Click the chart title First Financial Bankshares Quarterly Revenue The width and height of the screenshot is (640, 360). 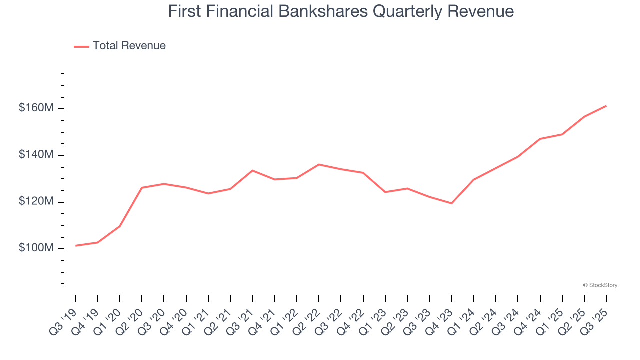pyautogui.click(x=341, y=11)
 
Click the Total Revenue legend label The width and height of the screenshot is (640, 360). pyautogui.click(x=129, y=46)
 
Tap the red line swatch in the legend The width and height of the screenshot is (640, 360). pyautogui.click(x=81, y=46)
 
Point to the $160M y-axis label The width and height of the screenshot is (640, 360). pyautogui.click(x=36, y=108)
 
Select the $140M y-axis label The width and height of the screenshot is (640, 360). pyautogui.click(x=36, y=155)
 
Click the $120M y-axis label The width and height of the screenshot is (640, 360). pyautogui.click(x=36, y=202)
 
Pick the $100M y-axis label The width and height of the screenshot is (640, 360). pyautogui.click(x=36, y=248)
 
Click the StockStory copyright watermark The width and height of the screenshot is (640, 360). pyautogui.click(x=600, y=285)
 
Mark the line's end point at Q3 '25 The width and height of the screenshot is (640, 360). pyautogui.click(x=606, y=106)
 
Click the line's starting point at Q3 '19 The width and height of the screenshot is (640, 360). pyautogui.click(x=75, y=246)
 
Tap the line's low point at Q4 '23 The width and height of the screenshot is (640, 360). pyautogui.click(x=451, y=203)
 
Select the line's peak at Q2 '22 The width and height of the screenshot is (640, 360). pyautogui.click(x=319, y=164)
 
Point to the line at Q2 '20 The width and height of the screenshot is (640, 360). pyautogui.click(x=142, y=188)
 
